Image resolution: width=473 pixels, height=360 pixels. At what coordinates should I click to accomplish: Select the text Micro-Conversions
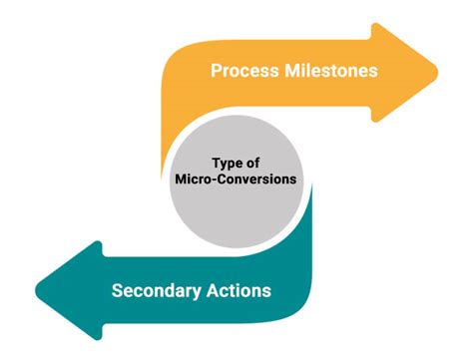237,180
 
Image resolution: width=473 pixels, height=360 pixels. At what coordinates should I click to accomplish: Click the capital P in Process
215,72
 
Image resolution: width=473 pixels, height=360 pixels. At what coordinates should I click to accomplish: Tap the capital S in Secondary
118,291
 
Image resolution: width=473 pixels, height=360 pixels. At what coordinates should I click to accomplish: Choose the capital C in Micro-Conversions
227,180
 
